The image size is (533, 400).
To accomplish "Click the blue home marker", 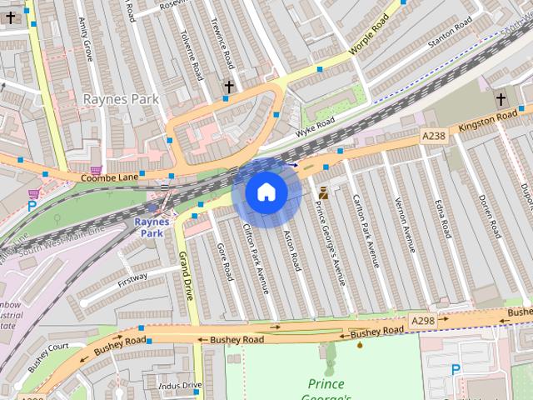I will [x=266, y=192].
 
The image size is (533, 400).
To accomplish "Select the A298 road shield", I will [x=422, y=319].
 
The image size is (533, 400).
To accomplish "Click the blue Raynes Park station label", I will [x=152, y=227].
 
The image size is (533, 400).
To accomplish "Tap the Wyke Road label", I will [x=315, y=127].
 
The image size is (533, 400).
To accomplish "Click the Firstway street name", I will [x=132, y=277].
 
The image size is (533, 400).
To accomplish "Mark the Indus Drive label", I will [x=180, y=385].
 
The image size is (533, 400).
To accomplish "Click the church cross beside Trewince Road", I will [x=229, y=86].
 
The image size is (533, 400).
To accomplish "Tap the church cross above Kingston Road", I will [x=501, y=100].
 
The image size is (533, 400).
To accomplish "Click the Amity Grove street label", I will [x=84, y=38].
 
